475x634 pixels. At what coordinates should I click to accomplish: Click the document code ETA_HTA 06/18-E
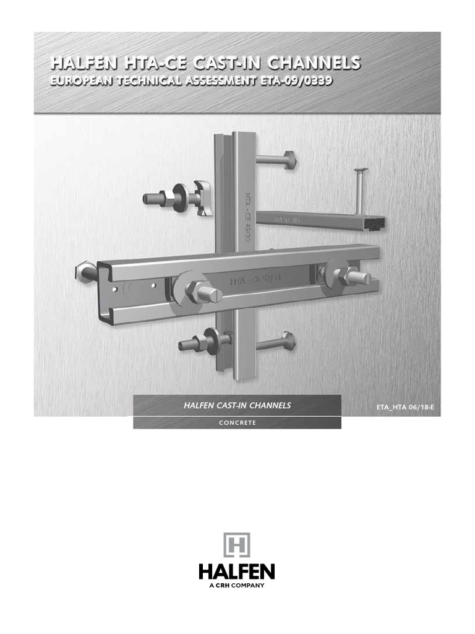click(x=410, y=407)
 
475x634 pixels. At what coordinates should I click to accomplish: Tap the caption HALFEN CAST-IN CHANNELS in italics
click(x=237, y=406)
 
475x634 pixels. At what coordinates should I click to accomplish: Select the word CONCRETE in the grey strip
click(x=237, y=423)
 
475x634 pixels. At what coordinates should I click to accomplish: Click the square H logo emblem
click(x=237, y=545)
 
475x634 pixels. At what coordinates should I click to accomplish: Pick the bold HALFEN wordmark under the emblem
click(x=237, y=571)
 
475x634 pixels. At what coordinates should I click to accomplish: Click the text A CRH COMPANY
click(x=237, y=585)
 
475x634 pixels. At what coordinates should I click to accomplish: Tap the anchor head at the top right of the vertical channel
click(x=291, y=160)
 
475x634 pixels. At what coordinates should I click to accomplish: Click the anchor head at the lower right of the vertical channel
click(x=290, y=340)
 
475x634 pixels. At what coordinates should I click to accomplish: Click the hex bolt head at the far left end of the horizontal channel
click(x=86, y=271)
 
